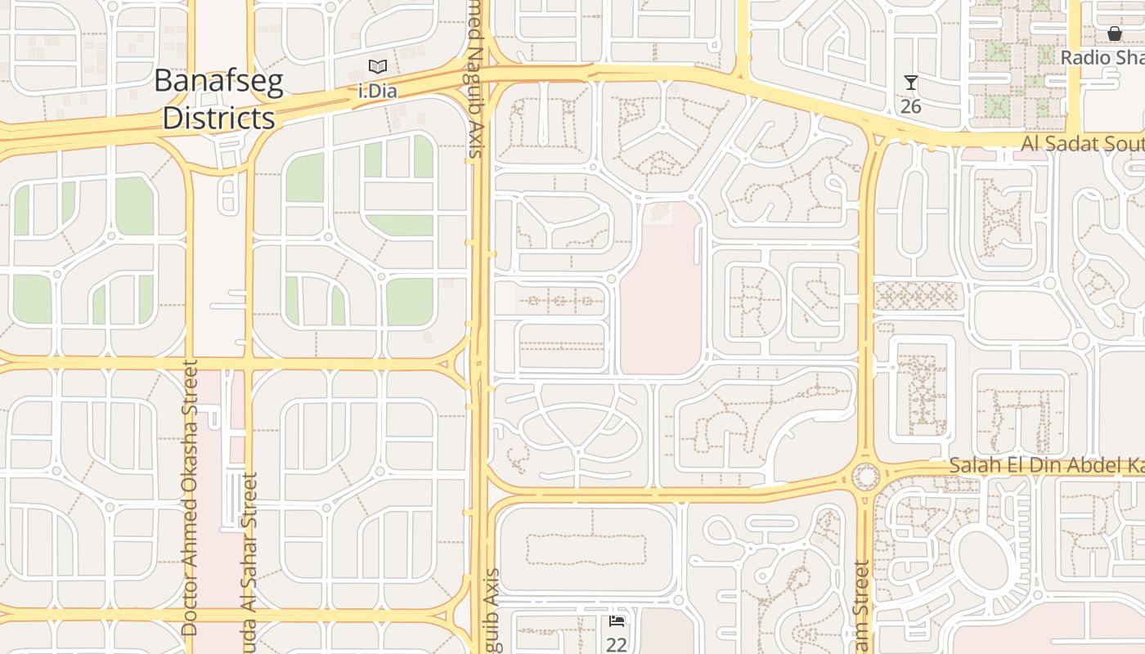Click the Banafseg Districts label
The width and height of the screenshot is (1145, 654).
[x=218, y=100]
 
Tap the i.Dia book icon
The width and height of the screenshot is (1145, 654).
[x=377, y=67]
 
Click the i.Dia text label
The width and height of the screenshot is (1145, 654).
[x=378, y=91]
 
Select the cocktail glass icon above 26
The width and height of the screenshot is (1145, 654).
[x=911, y=83]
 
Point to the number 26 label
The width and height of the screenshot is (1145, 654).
[x=911, y=106]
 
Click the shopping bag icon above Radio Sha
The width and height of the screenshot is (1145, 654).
[x=1114, y=34]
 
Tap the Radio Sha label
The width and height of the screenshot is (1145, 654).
[x=1102, y=57]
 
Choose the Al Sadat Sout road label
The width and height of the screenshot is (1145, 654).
[x=1082, y=144]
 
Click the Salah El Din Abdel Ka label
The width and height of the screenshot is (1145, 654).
[x=1046, y=465]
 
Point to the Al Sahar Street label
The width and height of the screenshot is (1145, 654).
[x=250, y=556]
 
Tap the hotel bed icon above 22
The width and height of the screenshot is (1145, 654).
[x=617, y=622]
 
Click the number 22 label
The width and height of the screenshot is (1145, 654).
[x=617, y=645]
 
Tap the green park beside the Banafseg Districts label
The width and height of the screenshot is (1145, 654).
[x=304, y=177]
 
